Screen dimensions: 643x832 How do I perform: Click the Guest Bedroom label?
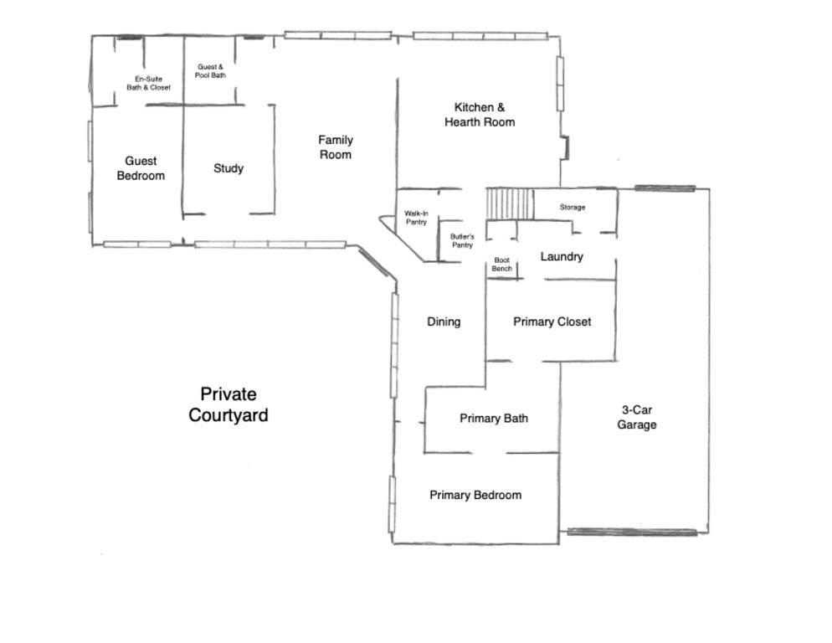click(x=141, y=168)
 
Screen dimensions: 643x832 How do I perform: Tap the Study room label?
click(x=229, y=168)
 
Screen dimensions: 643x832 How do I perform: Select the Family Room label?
click(x=336, y=147)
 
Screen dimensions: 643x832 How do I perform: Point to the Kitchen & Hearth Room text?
click(x=480, y=115)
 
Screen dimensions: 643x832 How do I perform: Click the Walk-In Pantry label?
click(x=416, y=218)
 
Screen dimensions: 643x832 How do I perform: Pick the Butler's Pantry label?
click(x=462, y=241)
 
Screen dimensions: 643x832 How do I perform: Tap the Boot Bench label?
click(x=501, y=265)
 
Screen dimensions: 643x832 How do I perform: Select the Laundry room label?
click(x=562, y=256)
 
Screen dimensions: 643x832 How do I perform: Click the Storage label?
click(x=573, y=207)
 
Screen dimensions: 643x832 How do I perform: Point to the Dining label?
click(x=444, y=321)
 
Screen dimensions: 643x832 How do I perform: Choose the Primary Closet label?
click(x=552, y=321)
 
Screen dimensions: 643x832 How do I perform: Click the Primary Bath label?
click(x=494, y=419)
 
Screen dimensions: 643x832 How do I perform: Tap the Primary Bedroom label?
click(x=475, y=495)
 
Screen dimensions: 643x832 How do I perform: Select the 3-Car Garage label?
click(x=637, y=417)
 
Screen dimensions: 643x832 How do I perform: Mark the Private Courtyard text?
click(x=229, y=404)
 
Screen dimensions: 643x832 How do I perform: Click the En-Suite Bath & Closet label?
click(x=148, y=83)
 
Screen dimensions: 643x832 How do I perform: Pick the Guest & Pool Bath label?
click(x=210, y=71)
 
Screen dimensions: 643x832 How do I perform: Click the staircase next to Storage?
click(x=510, y=203)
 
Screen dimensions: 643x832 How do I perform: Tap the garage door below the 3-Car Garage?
click(x=632, y=532)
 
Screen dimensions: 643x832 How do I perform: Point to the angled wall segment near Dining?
click(x=373, y=262)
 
